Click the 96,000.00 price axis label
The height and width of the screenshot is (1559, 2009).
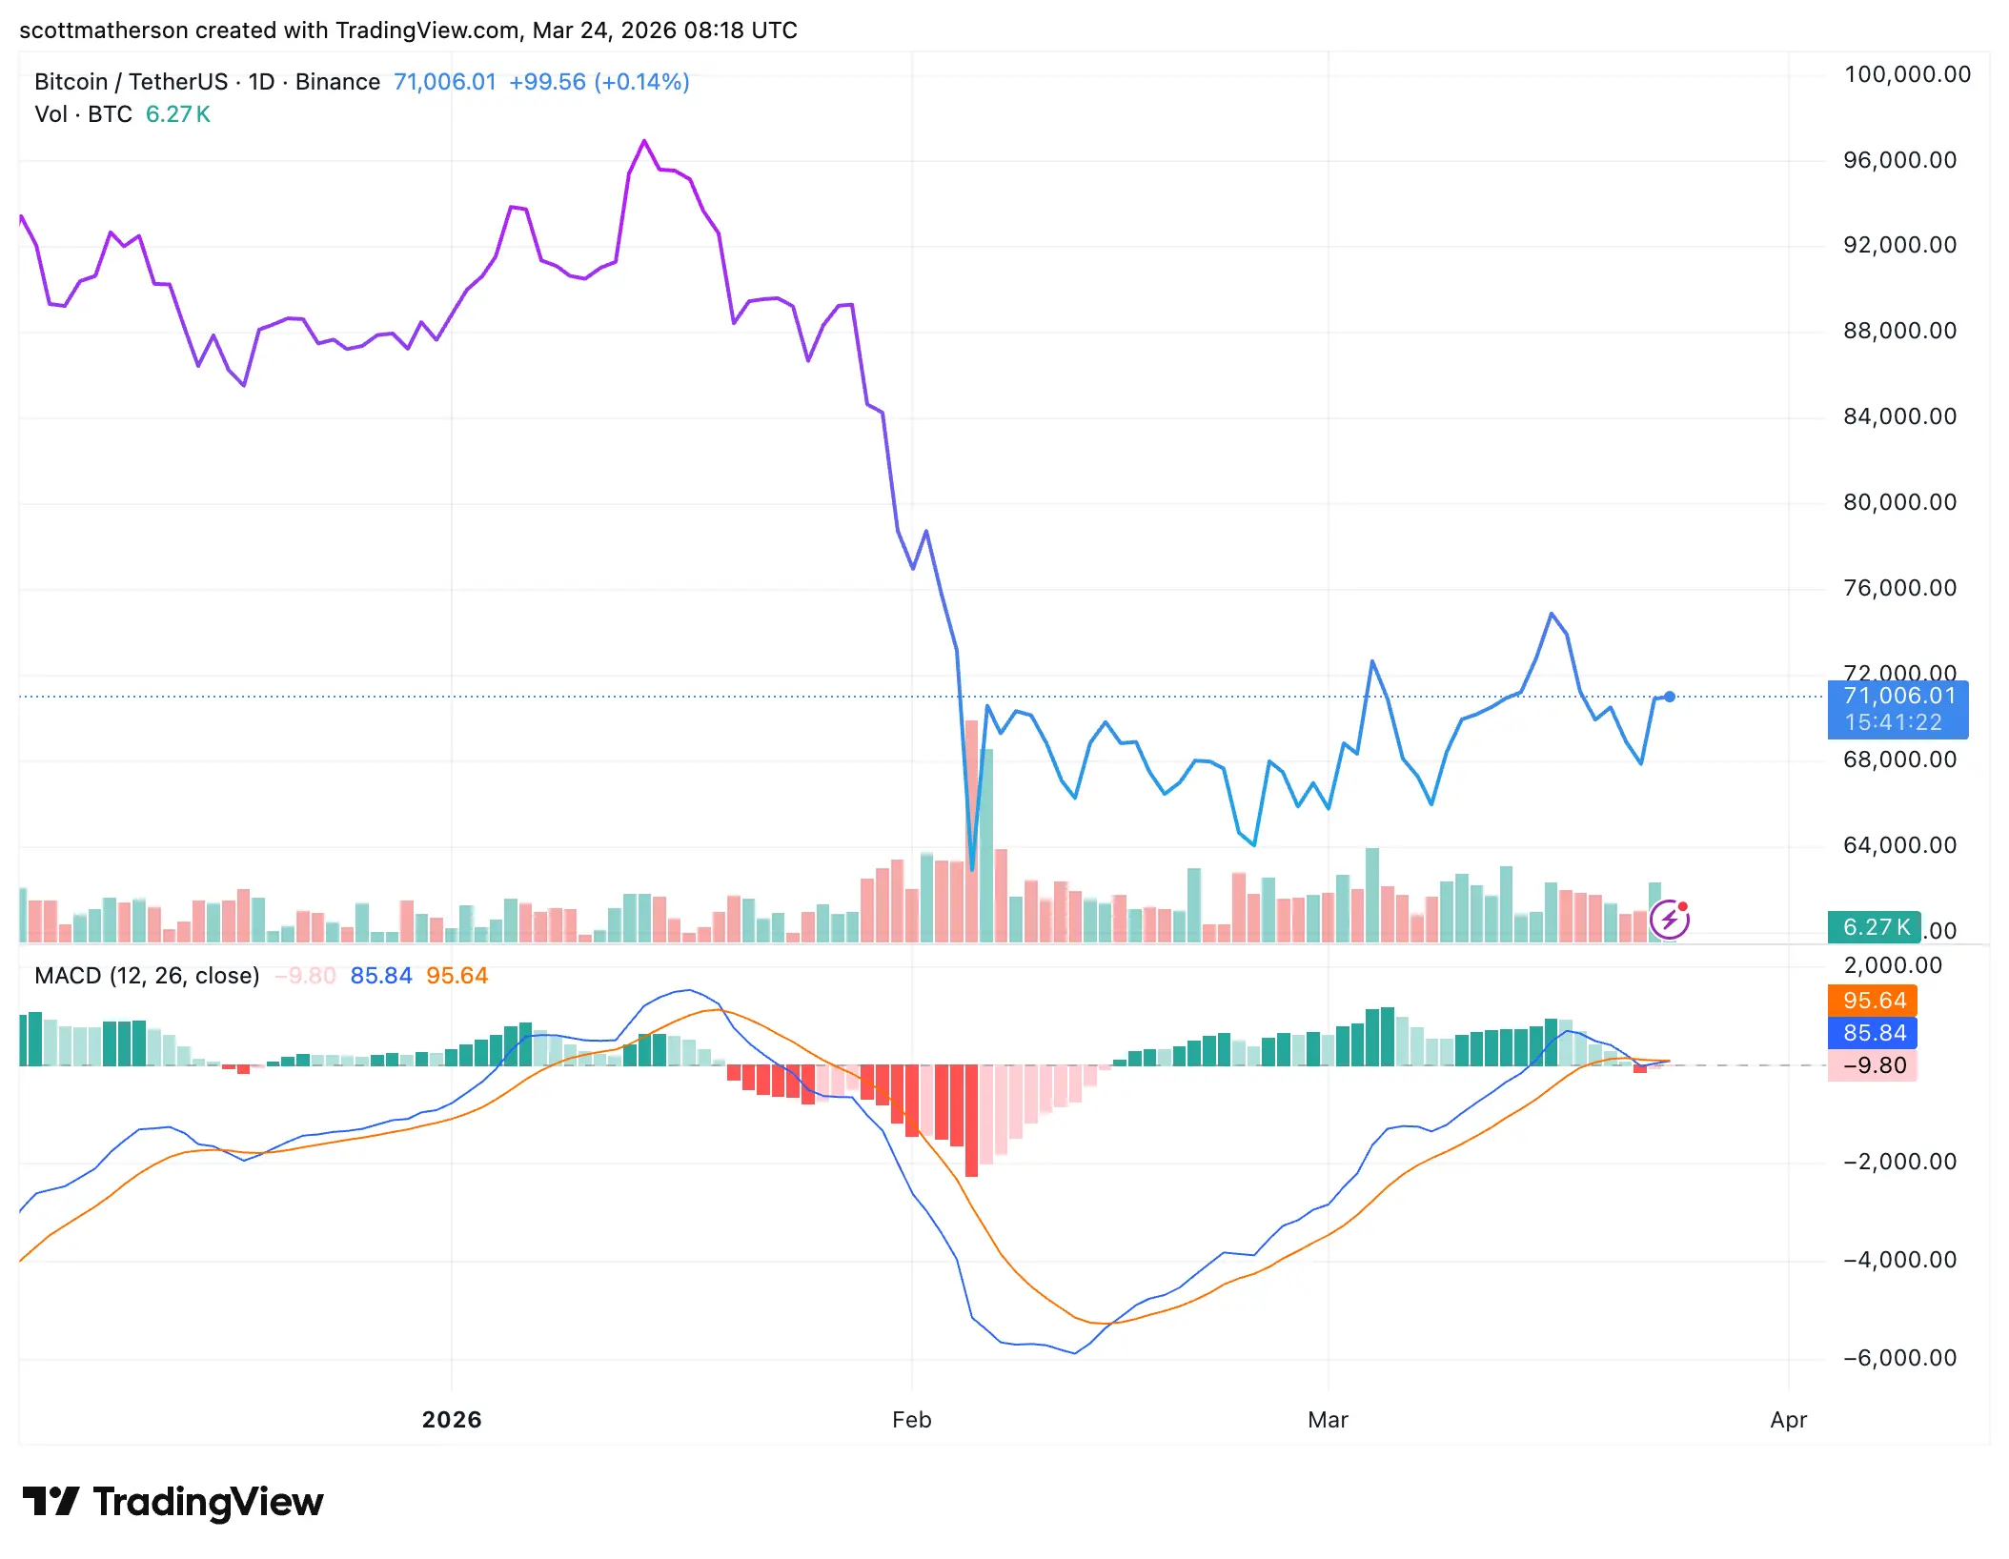[1899, 160]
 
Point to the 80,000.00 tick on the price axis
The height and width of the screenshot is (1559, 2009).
[1899, 502]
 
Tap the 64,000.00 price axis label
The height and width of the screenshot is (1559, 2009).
[1899, 845]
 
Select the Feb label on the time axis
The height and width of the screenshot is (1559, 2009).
[911, 1420]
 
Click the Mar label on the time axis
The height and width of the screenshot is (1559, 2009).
[1328, 1420]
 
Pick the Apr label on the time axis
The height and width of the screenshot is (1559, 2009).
[1788, 1420]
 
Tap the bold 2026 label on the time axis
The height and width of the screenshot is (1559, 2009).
[452, 1420]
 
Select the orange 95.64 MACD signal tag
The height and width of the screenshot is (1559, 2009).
[1874, 1001]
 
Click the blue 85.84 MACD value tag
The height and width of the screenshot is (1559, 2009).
[1874, 1033]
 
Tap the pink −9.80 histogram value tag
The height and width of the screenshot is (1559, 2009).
[1874, 1065]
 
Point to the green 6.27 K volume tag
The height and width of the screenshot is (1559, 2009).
[1875, 927]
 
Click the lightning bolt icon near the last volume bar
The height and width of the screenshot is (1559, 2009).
[1670, 920]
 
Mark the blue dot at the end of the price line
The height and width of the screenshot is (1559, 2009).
[1670, 697]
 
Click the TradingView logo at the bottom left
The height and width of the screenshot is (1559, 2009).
[173, 1503]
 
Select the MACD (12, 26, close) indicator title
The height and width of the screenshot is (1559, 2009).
[147, 976]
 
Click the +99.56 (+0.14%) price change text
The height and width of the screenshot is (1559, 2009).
[599, 82]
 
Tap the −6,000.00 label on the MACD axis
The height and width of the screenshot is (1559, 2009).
[1899, 1358]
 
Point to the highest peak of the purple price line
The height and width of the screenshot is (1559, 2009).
[644, 142]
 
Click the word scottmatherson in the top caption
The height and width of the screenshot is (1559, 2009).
[104, 30]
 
